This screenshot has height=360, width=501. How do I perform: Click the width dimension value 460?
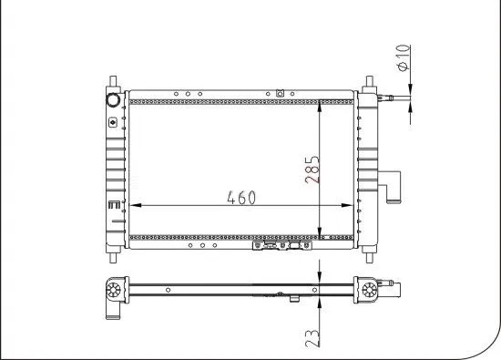coord(240,197)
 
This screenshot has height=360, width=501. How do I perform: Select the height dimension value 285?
coord(312,170)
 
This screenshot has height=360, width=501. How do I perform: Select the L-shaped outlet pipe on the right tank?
coord(394,189)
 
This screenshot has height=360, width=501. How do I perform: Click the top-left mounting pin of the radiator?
coord(112,82)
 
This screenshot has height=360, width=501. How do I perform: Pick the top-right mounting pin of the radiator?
coord(369,82)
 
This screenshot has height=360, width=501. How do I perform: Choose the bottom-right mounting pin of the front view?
coord(369,250)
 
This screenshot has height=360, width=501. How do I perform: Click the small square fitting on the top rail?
coord(280,92)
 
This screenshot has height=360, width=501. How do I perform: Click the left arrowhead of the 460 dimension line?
coord(134,205)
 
